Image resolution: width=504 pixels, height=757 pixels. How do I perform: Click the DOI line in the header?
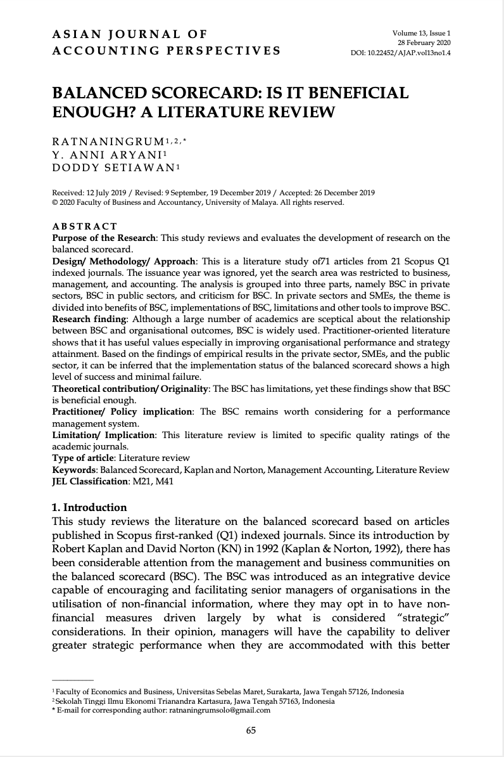(400, 53)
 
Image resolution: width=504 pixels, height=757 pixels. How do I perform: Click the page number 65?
(251, 730)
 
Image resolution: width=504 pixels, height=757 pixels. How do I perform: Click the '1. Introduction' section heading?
(89, 507)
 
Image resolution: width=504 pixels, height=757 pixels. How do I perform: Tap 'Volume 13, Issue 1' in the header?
(422, 32)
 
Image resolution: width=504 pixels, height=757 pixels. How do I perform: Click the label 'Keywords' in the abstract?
(72, 470)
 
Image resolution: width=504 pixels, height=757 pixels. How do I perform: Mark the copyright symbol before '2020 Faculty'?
(54, 204)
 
